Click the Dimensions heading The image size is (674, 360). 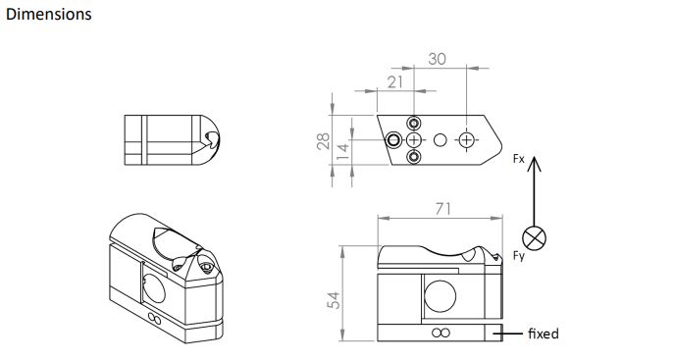tap(49, 14)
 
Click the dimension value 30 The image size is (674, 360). tap(438, 59)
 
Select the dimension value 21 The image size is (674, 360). tap(395, 81)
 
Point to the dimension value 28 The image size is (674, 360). tap(323, 141)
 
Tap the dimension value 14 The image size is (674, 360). tap(342, 152)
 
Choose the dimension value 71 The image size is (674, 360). tap(443, 209)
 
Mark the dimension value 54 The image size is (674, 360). tap(334, 300)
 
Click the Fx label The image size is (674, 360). tap(519, 159)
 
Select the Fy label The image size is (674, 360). tap(519, 256)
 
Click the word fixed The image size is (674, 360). tap(544, 334)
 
